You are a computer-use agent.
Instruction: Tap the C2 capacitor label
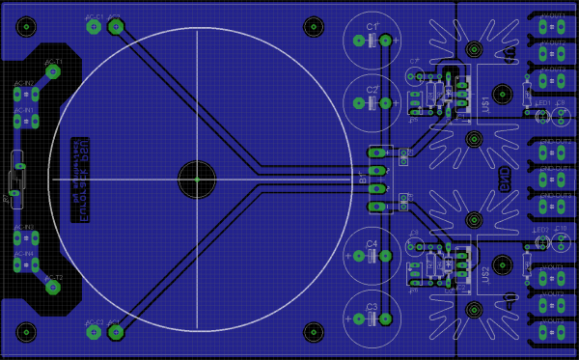[372, 90]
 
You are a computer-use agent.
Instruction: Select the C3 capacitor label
[372, 307]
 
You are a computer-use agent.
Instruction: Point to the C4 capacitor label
[372, 243]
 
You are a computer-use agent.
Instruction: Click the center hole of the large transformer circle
[196, 179]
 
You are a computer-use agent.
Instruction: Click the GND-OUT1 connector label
[555, 168]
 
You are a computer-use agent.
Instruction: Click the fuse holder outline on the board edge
[14, 178]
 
